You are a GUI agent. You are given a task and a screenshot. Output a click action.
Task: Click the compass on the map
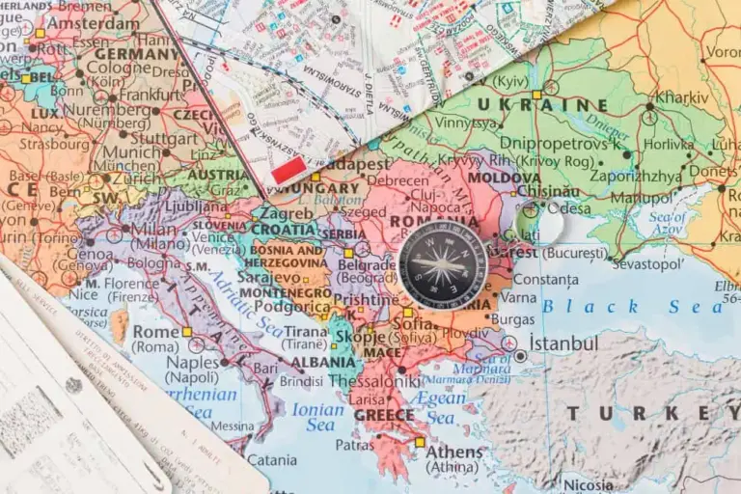(442, 264)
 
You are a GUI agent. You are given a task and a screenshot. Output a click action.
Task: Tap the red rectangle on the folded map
(288, 172)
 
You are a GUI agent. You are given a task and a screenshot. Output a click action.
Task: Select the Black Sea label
(632, 306)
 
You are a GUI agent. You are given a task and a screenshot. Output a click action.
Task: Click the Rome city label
(155, 332)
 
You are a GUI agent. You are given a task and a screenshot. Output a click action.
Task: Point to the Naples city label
(193, 362)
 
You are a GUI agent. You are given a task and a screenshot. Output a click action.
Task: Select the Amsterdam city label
(93, 22)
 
